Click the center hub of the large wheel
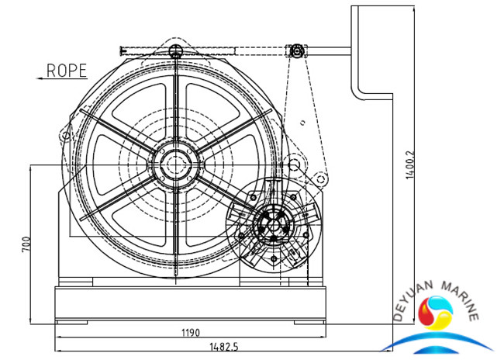point(177,165)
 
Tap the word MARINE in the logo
point(462,298)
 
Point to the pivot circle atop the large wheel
point(176,51)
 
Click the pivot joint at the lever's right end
point(297,51)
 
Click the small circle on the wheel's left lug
point(64,137)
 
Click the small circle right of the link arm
point(320,179)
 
